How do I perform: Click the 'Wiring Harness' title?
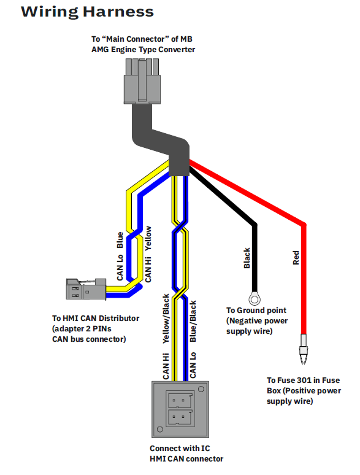coord(87,12)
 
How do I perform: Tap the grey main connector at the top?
coord(142,81)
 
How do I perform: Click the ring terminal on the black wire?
coord(255,299)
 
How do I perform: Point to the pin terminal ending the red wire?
coord(304,349)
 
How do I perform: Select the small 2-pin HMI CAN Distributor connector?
coord(86,289)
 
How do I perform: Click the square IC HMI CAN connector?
coord(180,409)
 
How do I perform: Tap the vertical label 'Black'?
coord(247,258)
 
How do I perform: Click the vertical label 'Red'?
coord(296,258)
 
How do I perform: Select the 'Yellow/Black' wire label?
coord(166,319)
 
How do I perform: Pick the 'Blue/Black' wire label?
coord(193,322)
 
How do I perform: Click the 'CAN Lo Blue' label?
coord(120,257)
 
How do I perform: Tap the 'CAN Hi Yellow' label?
coord(148,254)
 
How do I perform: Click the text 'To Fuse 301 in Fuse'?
coord(303,380)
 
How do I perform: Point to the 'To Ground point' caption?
coord(256,311)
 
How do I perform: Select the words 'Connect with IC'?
coord(180,449)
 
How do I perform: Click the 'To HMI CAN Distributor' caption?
coord(96,319)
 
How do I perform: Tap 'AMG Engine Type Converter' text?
coord(144,49)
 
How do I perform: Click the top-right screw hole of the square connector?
coord(201,389)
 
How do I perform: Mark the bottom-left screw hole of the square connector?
coord(160,429)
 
